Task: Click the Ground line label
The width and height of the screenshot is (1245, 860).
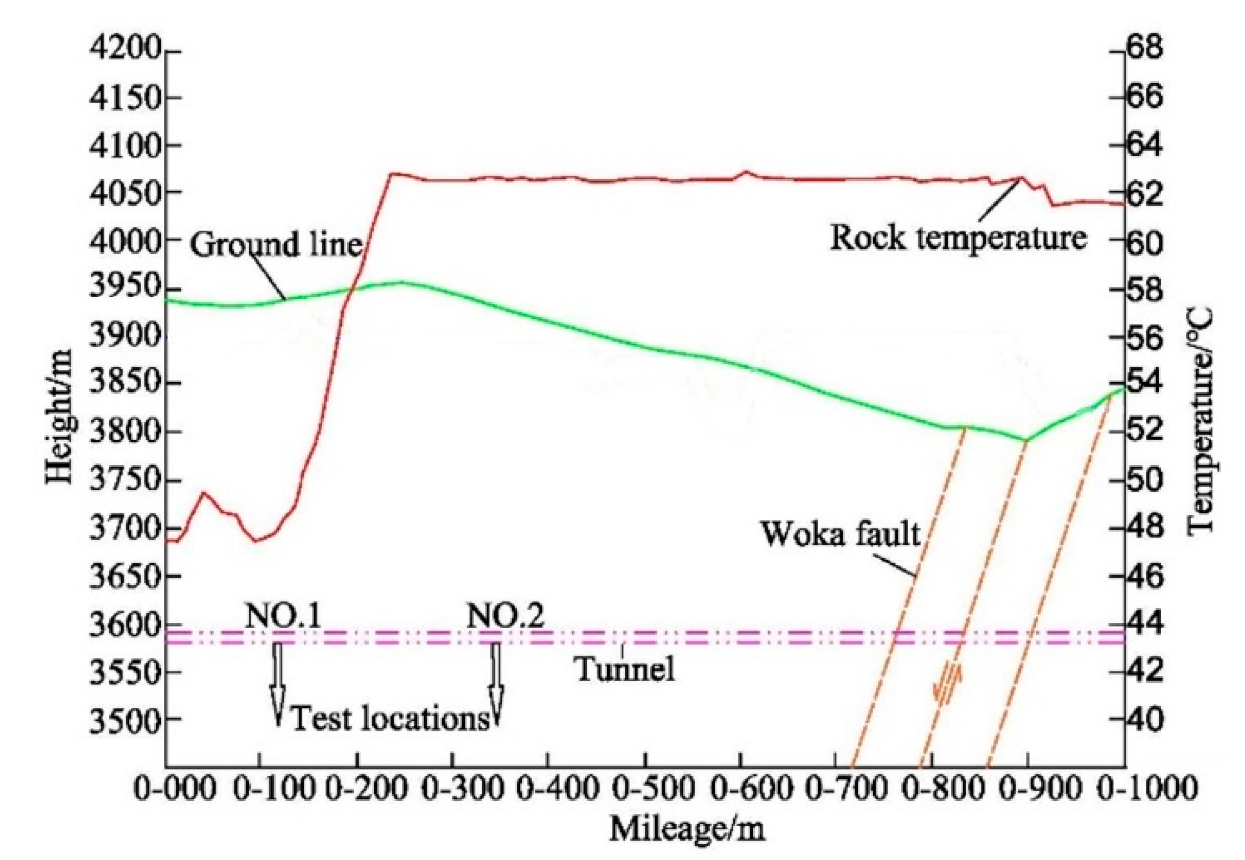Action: [276, 245]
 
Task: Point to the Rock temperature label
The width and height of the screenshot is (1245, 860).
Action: [957, 238]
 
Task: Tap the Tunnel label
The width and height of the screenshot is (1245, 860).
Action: [625, 670]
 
